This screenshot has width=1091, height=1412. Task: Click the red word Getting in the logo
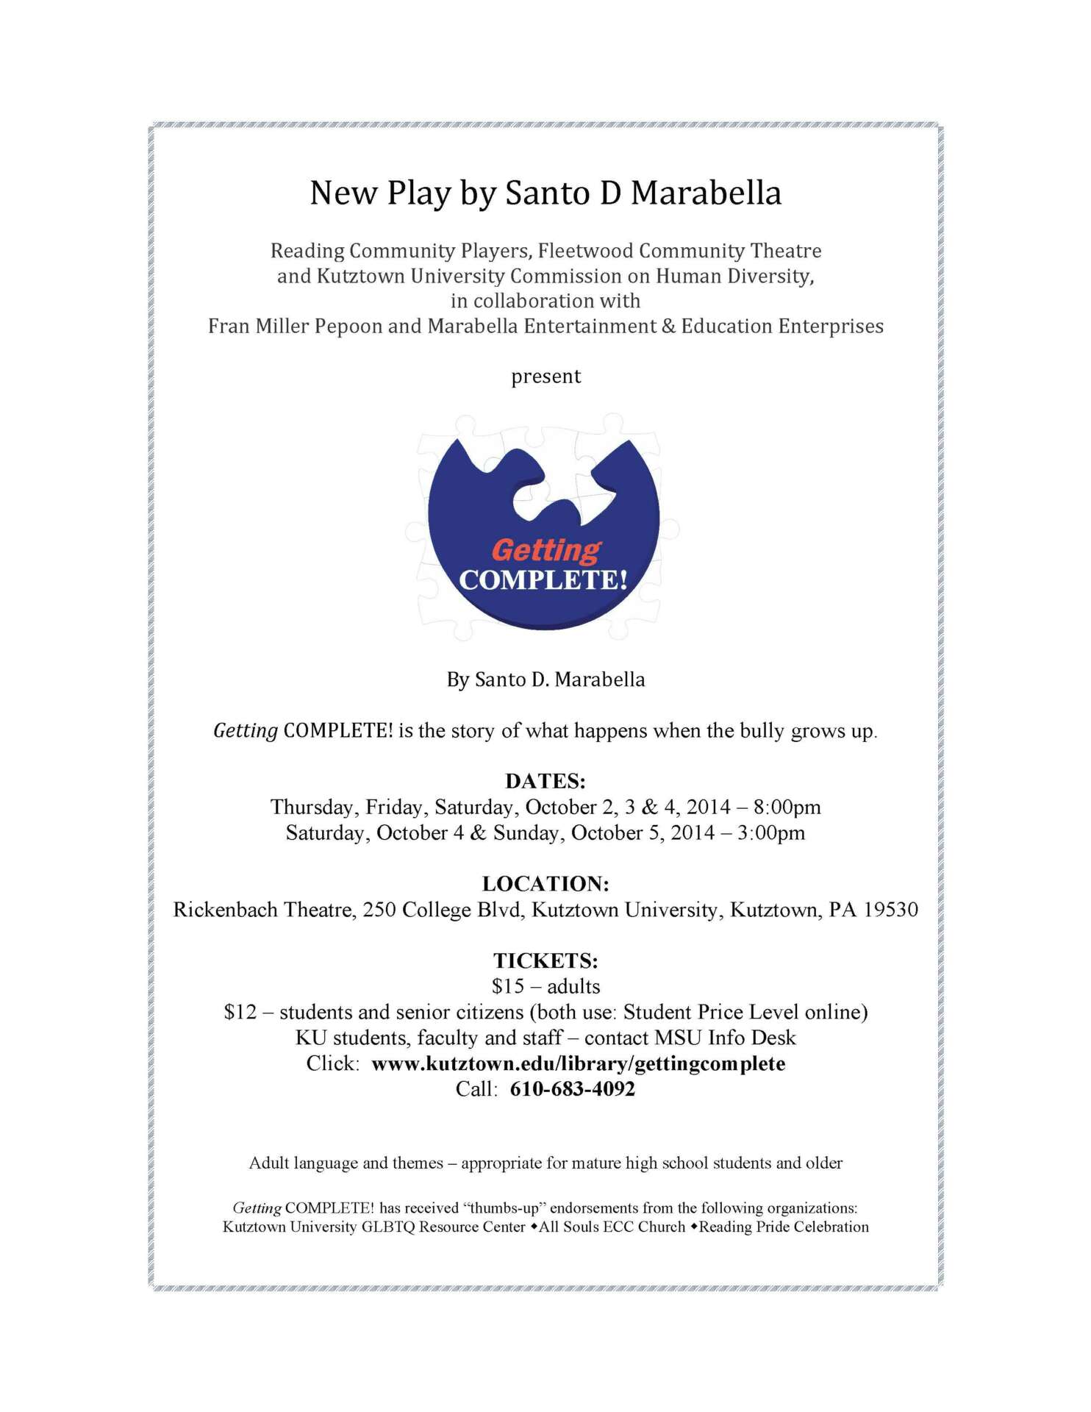545,549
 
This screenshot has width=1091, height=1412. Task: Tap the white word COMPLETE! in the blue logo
543,580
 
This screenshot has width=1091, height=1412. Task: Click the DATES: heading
545,781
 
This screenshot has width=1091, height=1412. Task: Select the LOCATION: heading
545,883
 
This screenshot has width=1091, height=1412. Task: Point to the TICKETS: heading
545,960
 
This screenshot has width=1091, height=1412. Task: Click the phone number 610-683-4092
572,1089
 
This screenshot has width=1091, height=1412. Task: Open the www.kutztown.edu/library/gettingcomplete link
578,1063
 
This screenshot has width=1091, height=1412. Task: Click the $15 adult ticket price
507,986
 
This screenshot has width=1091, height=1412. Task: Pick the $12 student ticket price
240,1012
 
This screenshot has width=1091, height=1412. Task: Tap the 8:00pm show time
787,807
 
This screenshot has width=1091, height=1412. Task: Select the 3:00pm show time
771,832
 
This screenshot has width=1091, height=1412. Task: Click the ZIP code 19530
891,910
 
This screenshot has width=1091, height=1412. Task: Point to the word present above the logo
545,377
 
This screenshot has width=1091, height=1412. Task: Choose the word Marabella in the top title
706,193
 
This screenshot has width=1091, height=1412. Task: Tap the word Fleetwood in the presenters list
585,251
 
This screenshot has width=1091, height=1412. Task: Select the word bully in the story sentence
762,731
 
